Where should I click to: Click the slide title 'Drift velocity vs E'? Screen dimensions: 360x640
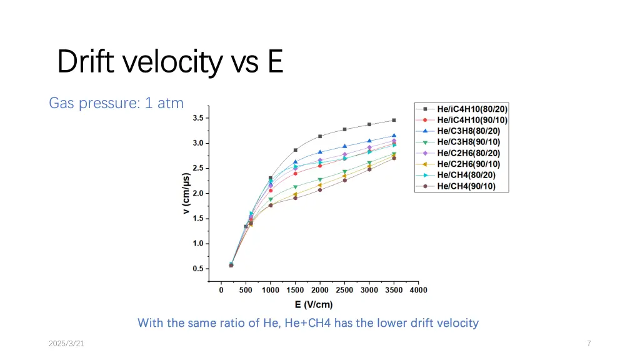(170, 61)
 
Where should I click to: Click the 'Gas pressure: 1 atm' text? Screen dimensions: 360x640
(116, 103)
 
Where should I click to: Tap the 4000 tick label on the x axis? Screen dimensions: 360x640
(418, 290)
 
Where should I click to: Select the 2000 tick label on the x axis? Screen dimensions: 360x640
(320, 290)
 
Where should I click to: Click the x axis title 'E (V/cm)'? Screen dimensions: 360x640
(314, 305)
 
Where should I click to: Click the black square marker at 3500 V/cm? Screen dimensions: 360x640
(394, 120)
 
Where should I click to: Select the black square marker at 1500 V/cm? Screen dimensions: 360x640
(296, 150)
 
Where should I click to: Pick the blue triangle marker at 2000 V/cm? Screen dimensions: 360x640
(320, 152)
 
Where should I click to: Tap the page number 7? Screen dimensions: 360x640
(589, 344)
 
